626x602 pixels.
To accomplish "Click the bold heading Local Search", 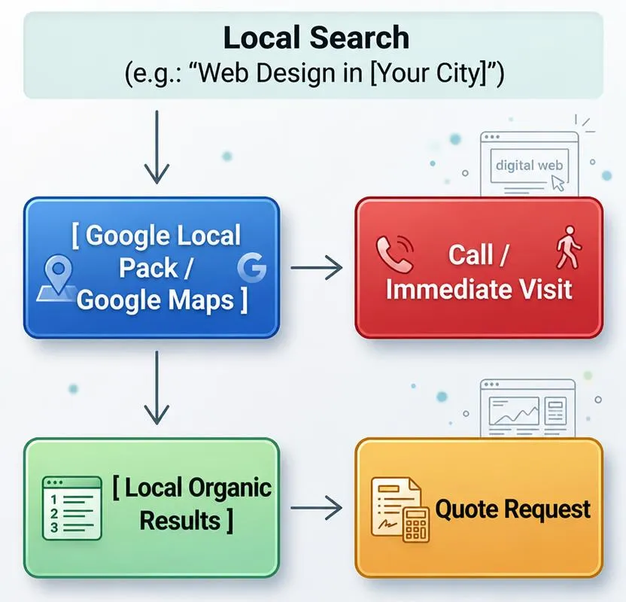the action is coord(316,37).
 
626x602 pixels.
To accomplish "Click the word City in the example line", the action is coord(460,73).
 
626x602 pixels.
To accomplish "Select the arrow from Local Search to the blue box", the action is coord(156,147).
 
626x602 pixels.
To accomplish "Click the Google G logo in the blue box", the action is coord(251,267).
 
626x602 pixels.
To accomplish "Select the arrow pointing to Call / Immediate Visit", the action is coord(317,267).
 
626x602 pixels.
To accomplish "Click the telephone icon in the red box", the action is coord(394,254).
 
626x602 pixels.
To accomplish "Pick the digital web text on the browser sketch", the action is coord(529,166).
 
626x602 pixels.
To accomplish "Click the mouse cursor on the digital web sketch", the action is coord(558,184).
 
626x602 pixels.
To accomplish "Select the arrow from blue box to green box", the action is coord(156,388).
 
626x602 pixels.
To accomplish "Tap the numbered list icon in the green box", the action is coord(72,508).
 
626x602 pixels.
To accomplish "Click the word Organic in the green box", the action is coord(230,488).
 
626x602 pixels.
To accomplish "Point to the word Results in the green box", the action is coord(180,521).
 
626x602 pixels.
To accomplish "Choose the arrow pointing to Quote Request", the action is coord(317,508).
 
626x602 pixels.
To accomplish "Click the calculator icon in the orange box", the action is coord(415,524).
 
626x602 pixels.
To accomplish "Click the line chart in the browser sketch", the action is coord(514,412).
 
